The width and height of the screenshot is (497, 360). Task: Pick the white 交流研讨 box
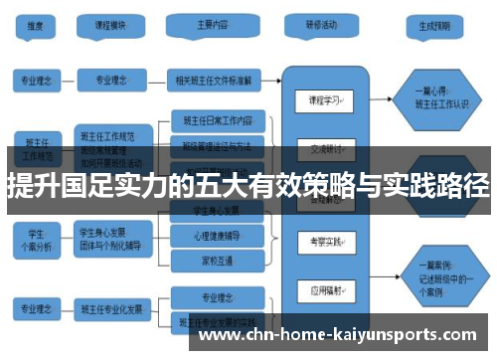tap(324, 150)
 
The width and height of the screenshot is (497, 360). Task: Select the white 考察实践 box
tap(324, 242)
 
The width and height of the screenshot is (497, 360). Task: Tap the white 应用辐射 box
tap(324, 290)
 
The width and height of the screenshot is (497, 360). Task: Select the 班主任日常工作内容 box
tap(219, 121)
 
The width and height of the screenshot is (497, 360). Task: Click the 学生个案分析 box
tap(36, 236)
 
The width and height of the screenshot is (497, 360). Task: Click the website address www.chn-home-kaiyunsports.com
tap(338, 334)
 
